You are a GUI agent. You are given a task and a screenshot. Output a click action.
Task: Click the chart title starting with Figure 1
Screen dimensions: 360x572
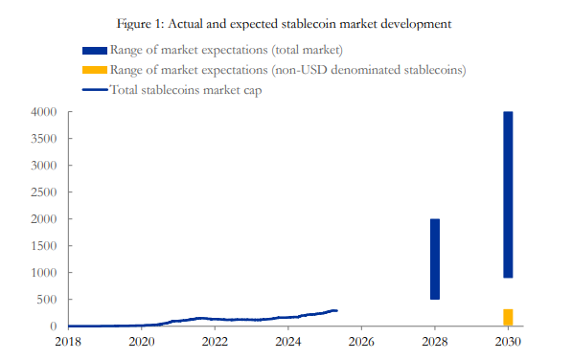(x=286, y=21)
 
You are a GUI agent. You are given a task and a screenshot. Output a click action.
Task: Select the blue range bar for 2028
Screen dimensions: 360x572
(x=434, y=259)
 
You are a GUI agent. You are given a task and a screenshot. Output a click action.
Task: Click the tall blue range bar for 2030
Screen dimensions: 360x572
(x=508, y=194)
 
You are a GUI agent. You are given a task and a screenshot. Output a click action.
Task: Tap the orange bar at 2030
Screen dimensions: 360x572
(x=508, y=317)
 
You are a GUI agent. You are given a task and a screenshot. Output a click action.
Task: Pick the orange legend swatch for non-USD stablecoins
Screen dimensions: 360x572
(x=95, y=70)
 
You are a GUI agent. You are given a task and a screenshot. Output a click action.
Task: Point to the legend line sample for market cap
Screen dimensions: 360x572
(x=95, y=90)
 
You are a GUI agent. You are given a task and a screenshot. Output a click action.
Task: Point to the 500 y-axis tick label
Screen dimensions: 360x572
(x=51, y=300)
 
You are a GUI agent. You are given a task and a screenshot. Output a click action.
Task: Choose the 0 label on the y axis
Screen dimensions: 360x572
(x=57, y=326)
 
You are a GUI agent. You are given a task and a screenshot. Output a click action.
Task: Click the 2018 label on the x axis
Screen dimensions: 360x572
(x=68, y=341)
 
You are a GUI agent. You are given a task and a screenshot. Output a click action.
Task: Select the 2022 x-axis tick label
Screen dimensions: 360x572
(x=215, y=341)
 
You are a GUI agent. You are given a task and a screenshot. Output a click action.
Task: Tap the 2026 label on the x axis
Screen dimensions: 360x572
(x=361, y=341)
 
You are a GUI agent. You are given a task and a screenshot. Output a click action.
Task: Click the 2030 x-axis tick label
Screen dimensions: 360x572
(x=508, y=341)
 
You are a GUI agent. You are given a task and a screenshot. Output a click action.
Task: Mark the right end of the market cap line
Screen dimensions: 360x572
(x=336, y=310)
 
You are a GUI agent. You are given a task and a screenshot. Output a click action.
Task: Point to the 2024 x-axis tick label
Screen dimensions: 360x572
(x=288, y=341)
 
